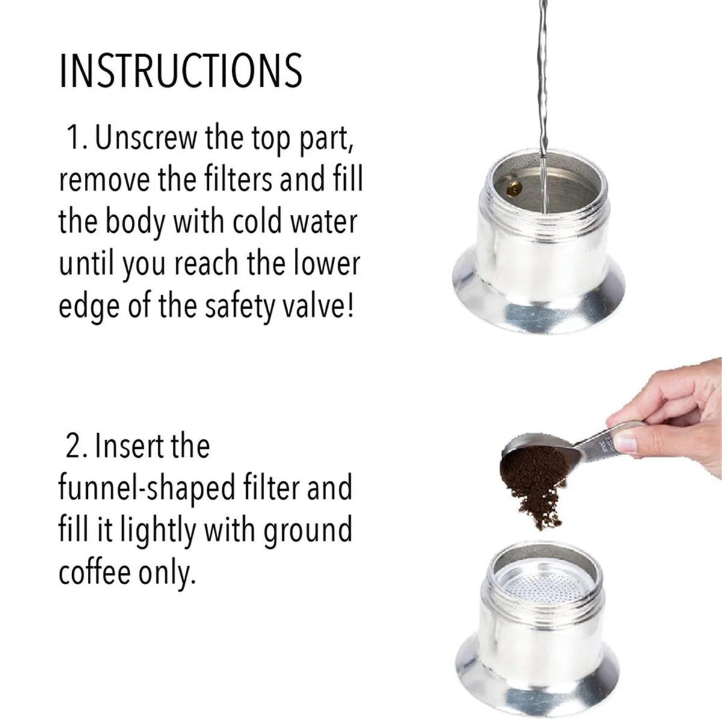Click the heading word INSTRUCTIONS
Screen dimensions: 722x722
click(180, 71)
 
